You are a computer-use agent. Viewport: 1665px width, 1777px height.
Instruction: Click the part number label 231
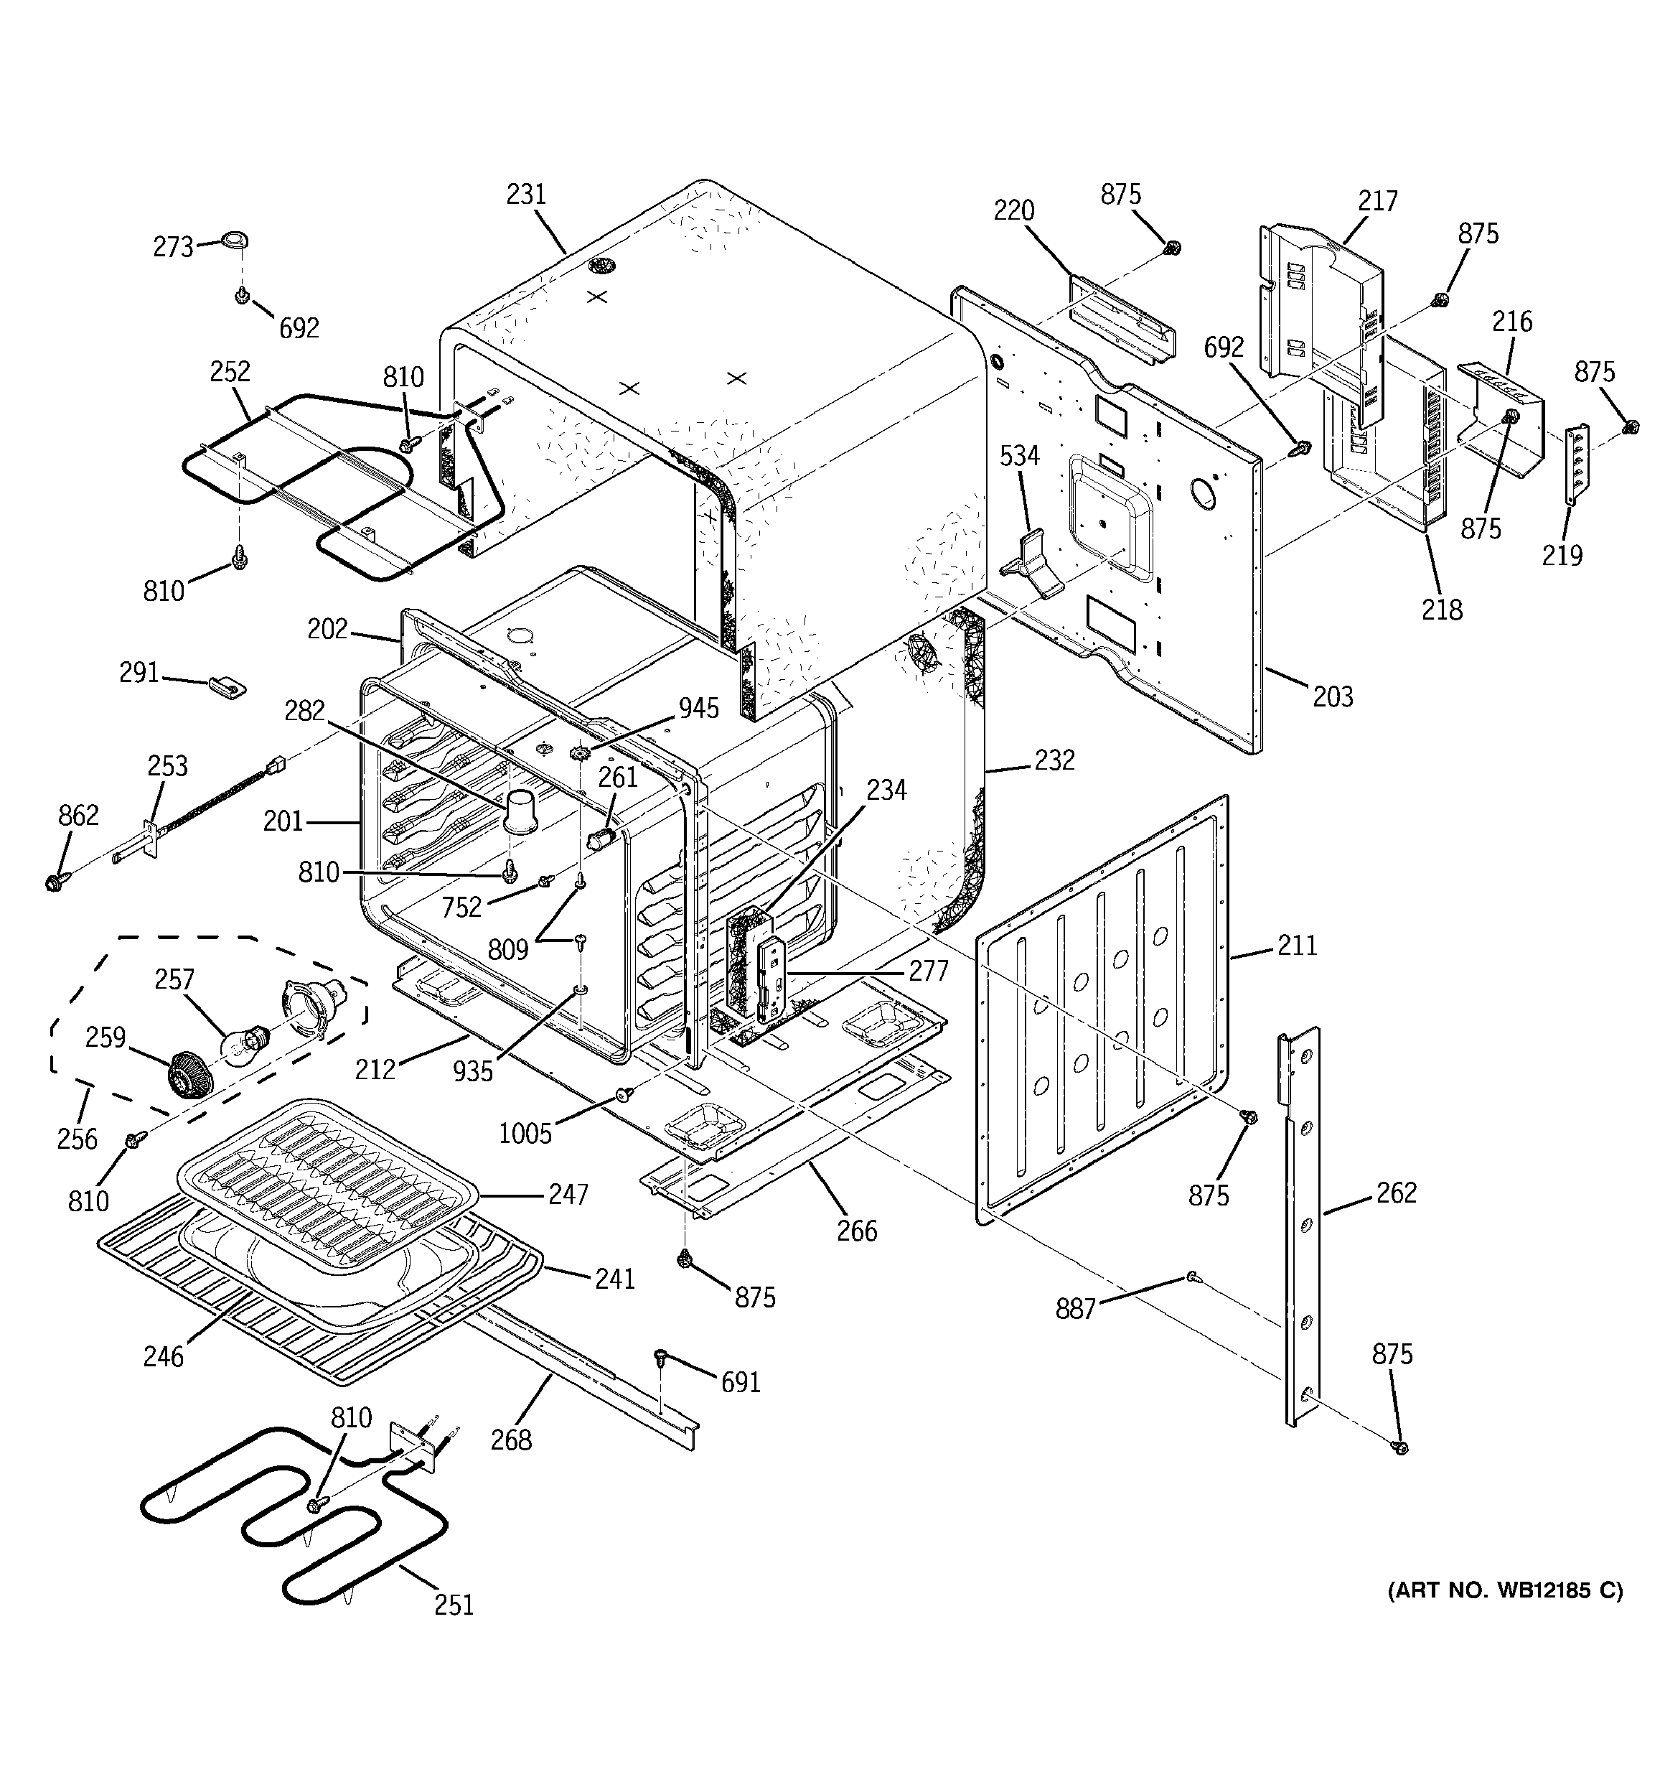click(525, 194)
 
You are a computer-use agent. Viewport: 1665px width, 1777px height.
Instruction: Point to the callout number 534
click(1019, 456)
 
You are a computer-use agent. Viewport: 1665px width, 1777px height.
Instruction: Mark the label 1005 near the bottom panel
click(525, 1134)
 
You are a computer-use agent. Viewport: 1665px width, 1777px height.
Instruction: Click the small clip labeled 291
click(227, 686)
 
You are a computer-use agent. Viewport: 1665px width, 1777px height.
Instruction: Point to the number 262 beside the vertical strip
click(1396, 1193)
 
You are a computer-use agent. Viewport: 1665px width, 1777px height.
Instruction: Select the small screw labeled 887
click(1192, 1279)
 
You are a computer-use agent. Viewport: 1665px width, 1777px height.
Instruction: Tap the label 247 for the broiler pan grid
click(568, 1194)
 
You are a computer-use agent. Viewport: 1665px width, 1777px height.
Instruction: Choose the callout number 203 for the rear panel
click(1333, 696)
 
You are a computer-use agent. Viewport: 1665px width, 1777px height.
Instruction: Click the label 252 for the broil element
click(230, 371)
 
